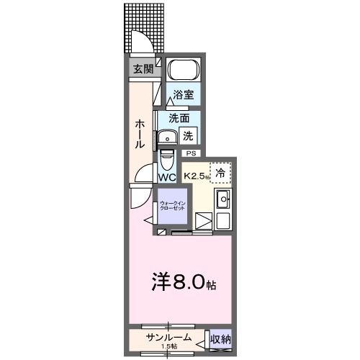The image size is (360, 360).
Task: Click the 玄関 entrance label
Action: coord(143,69)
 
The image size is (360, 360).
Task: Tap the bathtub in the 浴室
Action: coord(183,71)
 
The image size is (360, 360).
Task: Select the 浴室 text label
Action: coord(183,94)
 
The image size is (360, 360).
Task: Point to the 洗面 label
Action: coord(179,118)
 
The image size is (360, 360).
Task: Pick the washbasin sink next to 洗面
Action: coord(168,137)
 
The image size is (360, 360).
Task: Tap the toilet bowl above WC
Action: coord(166,158)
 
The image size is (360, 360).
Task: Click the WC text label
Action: coord(167,177)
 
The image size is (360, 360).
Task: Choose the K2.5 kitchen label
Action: coord(196,175)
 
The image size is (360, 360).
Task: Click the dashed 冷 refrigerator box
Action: coord(220,172)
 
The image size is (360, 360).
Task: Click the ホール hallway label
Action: coord(140,134)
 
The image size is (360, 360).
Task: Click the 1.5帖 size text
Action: coord(170,346)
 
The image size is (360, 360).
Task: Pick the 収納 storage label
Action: coord(221,338)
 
